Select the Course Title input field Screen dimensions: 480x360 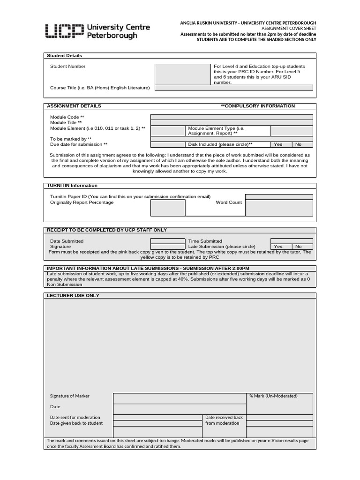point(233,88)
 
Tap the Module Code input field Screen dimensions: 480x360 point(232,117)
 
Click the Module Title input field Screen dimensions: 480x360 point(232,123)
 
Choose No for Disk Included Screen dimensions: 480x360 point(299,145)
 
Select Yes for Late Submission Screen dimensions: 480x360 point(278,247)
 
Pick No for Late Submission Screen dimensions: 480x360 point(299,247)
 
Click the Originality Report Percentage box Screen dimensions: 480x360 point(168,208)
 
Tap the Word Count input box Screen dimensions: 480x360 point(278,208)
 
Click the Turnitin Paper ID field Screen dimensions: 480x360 point(278,197)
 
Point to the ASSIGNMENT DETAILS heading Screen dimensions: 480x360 point(74,106)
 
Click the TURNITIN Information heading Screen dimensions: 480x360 point(72,186)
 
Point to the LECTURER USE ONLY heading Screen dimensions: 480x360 point(73,296)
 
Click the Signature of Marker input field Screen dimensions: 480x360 point(180,398)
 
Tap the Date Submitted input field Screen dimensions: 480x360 point(168,241)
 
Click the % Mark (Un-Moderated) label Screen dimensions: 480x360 point(273,396)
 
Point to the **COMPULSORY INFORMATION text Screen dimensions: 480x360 point(258,106)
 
